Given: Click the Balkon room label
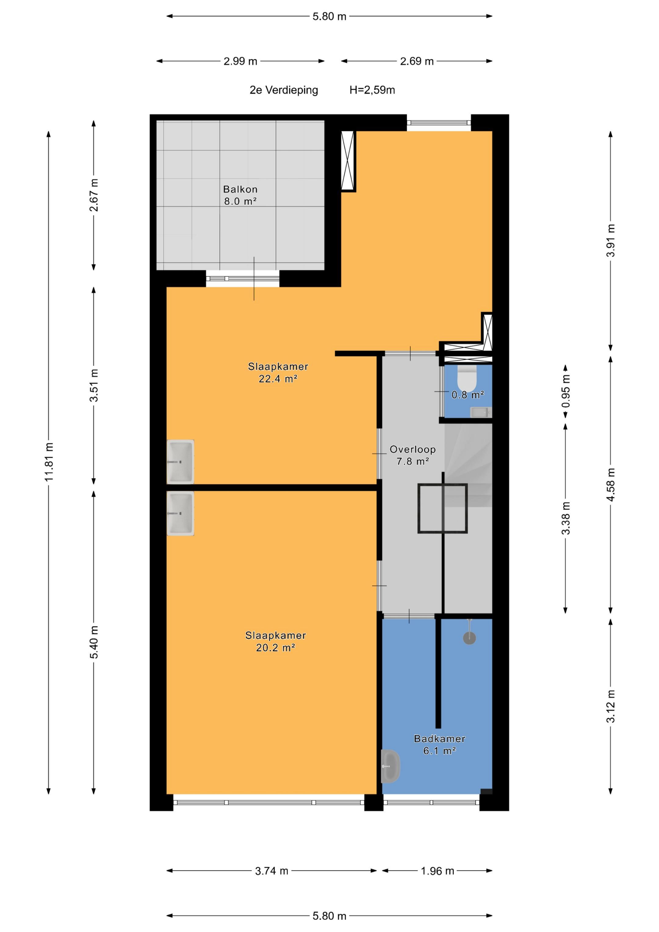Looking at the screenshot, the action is [x=240, y=189].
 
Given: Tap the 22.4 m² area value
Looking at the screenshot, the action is [x=278, y=379].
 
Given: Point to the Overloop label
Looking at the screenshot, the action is [x=412, y=449].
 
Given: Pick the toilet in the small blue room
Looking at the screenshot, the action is [x=467, y=378].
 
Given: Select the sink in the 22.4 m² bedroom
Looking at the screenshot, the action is [x=180, y=462].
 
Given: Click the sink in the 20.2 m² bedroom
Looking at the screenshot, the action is [x=180, y=513].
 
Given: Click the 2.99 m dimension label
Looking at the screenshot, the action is [x=240, y=61].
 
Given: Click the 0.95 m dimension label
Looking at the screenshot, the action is [x=566, y=391].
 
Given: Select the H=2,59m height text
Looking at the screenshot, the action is [x=372, y=90].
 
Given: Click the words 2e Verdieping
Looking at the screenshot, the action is [x=284, y=90].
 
